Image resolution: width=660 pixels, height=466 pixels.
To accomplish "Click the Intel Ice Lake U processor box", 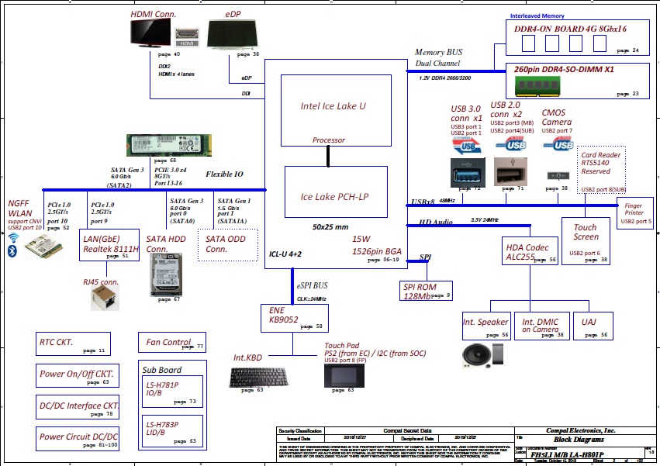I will [333, 106].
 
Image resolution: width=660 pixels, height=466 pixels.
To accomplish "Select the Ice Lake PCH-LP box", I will [333, 196].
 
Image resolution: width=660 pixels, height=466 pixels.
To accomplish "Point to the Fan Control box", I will [172, 342].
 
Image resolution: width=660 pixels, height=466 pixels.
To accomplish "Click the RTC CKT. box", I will [73, 343].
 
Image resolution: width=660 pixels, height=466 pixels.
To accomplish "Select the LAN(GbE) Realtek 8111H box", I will [110, 244].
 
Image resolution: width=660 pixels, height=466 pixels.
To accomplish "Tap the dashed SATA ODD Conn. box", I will [226, 245].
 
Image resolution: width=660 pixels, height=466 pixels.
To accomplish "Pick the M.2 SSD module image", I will [168, 146].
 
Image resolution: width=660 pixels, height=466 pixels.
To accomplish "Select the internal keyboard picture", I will [258, 378].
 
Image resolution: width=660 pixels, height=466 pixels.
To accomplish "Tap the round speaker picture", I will [475, 355].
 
